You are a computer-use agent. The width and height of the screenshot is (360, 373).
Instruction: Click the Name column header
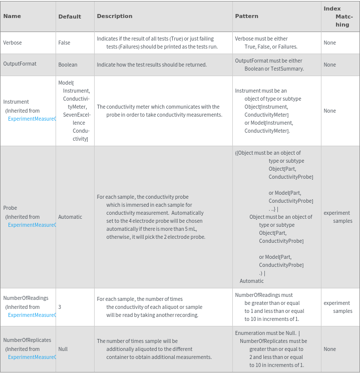point(12,16)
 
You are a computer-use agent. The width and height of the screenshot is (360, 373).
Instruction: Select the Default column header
point(70,17)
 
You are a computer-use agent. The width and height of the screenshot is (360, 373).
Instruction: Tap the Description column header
point(115,16)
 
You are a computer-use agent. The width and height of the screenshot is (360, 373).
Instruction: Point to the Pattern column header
point(247,16)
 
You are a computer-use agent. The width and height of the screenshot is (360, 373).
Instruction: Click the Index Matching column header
point(338,17)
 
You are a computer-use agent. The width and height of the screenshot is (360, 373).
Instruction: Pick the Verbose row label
point(13,43)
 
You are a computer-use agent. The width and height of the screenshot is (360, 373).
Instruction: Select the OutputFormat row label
point(20,64)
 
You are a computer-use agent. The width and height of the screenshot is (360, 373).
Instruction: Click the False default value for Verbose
point(64,43)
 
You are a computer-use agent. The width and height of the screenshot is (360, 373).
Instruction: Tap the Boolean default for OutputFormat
point(68,65)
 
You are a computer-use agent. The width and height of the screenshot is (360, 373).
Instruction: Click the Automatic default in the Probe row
point(70,217)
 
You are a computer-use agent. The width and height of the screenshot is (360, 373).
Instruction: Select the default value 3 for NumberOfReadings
point(60,307)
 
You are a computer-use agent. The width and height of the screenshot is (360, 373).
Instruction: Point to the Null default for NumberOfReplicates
point(63,349)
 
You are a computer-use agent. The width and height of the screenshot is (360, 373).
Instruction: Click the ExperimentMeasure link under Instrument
point(32,119)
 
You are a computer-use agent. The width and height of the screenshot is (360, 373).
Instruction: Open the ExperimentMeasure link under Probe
point(32,225)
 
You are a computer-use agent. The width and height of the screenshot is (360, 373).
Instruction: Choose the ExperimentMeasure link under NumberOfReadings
point(32,315)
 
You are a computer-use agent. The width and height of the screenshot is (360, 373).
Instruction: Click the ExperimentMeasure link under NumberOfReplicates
point(32,357)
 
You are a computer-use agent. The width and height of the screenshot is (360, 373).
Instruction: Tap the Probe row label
point(10,208)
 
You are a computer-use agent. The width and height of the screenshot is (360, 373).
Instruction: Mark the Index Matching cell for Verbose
point(329,43)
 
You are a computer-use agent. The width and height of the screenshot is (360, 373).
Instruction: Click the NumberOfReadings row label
point(26,298)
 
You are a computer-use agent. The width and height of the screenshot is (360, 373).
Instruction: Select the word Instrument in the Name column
point(16,102)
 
